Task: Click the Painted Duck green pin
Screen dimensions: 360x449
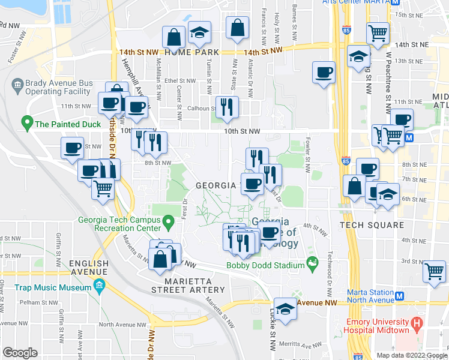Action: (x=26, y=124)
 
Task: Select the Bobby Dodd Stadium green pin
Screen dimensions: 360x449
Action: (x=312, y=262)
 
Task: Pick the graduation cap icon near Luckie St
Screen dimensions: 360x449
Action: (x=286, y=308)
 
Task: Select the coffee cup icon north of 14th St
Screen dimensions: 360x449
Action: (x=324, y=72)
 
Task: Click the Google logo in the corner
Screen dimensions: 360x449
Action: (x=20, y=353)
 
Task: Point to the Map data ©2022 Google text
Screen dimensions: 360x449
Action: (x=412, y=355)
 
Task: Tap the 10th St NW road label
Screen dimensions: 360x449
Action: (x=242, y=131)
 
